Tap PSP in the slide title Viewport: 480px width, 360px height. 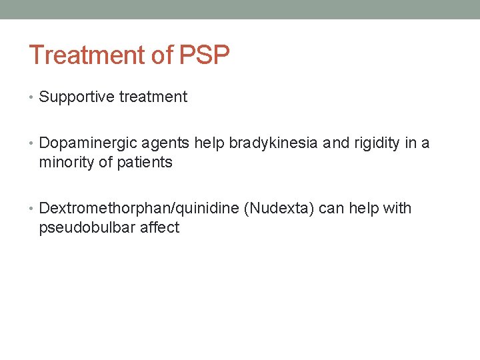(203, 55)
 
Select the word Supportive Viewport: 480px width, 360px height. (77, 97)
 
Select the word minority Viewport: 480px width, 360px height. (67, 163)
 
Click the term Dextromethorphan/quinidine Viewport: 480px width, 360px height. (139, 209)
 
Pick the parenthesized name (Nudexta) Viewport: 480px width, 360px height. (279, 209)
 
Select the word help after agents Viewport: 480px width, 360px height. (209, 143)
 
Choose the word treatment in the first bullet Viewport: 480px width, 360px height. (153, 97)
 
